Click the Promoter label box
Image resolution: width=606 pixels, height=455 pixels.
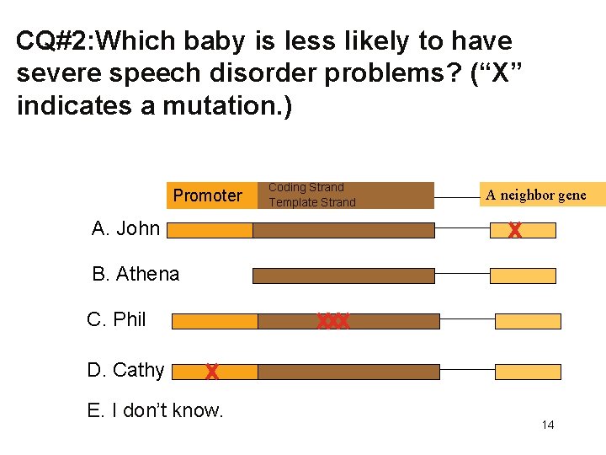[207, 195]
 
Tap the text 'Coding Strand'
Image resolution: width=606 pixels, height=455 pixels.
[306, 188]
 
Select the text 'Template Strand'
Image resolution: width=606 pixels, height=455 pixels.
[311, 202]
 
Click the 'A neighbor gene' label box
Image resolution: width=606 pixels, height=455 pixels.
[535, 195]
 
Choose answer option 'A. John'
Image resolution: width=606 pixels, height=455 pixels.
[125, 228]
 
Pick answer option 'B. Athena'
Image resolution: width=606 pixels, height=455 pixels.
[136, 274]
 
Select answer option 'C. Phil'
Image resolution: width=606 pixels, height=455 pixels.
[117, 319]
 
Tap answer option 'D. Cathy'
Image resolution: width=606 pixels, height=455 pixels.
[125, 370]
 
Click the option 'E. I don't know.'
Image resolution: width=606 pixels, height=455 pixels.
[155, 410]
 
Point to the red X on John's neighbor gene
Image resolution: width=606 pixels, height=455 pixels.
[514, 230]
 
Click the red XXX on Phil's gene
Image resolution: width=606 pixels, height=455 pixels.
[332, 321]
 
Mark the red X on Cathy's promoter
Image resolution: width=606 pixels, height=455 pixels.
[211, 372]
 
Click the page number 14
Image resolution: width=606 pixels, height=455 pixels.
[547, 425]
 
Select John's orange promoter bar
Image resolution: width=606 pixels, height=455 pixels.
[210, 230]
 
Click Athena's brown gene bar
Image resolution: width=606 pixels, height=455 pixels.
[343, 276]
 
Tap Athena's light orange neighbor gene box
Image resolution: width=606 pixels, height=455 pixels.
[523, 276]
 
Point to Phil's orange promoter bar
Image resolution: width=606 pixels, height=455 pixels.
[214, 321]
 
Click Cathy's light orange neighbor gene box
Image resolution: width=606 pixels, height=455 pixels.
[527, 372]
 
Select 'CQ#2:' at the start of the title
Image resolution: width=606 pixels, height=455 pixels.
[55, 40]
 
